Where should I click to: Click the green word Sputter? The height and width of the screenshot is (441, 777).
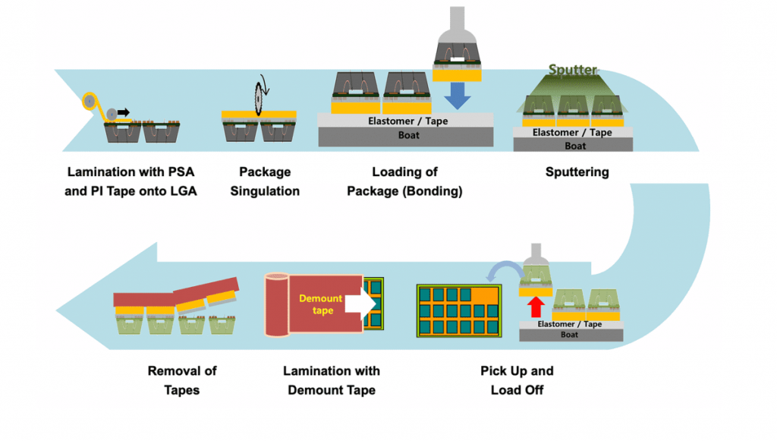click(x=574, y=70)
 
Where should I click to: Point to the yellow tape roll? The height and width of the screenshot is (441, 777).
click(x=90, y=100)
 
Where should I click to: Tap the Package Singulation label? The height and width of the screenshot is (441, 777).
click(x=265, y=181)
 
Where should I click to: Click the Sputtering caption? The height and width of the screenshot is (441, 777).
click(x=577, y=172)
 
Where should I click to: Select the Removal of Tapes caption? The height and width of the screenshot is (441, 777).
click(x=182, y=380)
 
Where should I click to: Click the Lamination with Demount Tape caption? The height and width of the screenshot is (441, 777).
click(x=331, y=380)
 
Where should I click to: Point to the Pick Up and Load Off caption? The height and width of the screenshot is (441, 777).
click(x=517, y=380)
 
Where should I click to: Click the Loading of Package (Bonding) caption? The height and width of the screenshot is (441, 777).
click(x=404, y=181)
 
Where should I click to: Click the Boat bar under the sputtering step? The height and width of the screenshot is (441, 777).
click(x=576, y=146)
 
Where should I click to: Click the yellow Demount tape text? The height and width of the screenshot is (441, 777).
click(x=322, y=304)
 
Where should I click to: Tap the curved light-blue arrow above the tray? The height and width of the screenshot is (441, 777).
click(x=503, y=269)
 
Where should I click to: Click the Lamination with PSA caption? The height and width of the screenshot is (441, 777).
click(x=131, y=181)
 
